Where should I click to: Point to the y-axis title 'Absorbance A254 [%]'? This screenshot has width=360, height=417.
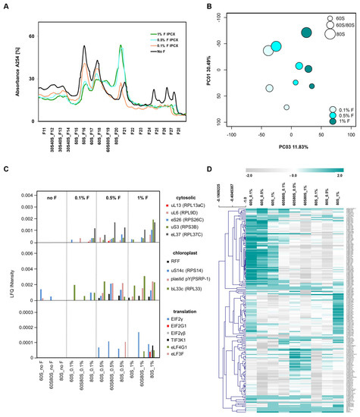(8, 74)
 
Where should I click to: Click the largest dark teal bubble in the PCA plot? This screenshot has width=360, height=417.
(306, 33)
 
